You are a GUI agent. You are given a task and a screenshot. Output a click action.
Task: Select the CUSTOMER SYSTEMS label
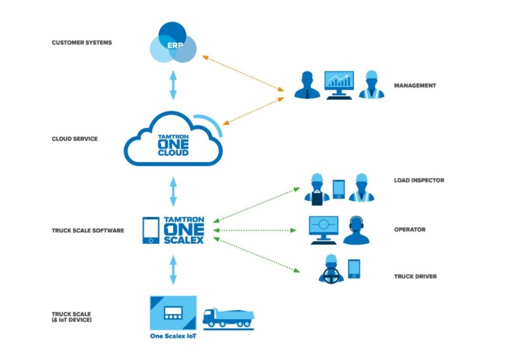[81, 43]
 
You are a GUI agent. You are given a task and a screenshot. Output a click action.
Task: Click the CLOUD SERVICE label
[74, 138]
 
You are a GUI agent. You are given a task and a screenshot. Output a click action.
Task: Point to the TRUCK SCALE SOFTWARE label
[88, 230]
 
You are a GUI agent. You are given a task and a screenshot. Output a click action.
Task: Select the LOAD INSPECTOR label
[418, 180]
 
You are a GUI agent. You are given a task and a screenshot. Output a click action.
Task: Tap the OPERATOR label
[410, 230]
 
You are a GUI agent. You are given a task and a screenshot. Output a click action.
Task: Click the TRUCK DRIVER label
[415, 276]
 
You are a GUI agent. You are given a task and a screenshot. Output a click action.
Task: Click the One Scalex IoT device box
[172, 313]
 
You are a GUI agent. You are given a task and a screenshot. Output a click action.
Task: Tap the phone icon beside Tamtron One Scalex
[151, 230]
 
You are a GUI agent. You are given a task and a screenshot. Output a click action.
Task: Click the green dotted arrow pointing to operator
[258, 230]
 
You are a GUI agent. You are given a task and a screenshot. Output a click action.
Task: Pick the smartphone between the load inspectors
[339, 188]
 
